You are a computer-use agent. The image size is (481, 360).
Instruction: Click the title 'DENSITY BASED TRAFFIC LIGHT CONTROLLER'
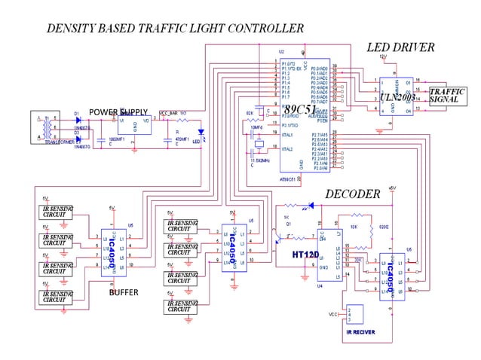[x=175, y=29]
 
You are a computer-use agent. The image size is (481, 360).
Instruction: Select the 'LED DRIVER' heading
[x=400, y=47]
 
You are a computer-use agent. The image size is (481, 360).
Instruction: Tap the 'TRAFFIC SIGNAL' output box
[x=447, y=96]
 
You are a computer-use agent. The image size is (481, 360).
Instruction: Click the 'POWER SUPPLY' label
[x=118, y=112]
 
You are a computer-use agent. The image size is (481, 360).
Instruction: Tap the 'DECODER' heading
[x=352, y=194]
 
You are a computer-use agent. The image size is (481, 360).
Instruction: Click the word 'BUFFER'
[x=124, y=292]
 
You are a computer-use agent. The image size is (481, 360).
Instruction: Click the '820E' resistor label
[x=383, y=225]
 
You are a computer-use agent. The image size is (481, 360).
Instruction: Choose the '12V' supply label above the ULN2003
[x=382, y=56]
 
